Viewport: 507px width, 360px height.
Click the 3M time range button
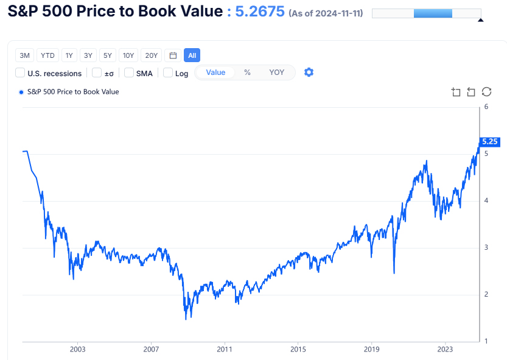pos(25,55)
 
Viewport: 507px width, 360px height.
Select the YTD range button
pos(47,55)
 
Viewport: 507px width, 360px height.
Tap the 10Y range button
pos(128,55)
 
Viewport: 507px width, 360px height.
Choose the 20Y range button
pos(152,55)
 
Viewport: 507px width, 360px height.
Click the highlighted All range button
pos(192,55)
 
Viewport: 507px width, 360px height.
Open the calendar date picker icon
pos(173,55)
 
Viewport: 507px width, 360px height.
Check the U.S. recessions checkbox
pos(20,73)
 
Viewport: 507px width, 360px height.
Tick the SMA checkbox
pos(129,73)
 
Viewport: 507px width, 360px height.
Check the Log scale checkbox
pos(169,73)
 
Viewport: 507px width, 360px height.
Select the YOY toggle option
pos(276,72)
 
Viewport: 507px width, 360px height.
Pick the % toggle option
pos(247,72)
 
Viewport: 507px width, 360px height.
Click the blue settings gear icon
pos(309,72)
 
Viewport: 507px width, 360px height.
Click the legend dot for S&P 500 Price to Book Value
pos(21,92)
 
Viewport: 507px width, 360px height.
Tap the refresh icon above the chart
pos(486,92)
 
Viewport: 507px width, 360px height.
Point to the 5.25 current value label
pos(490,141)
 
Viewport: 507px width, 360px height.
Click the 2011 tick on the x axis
pos(225,350)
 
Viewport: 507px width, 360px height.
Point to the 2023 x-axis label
pos(445,350)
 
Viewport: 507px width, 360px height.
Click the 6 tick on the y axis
pos(486,107)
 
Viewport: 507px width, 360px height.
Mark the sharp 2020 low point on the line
pos(394,273)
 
